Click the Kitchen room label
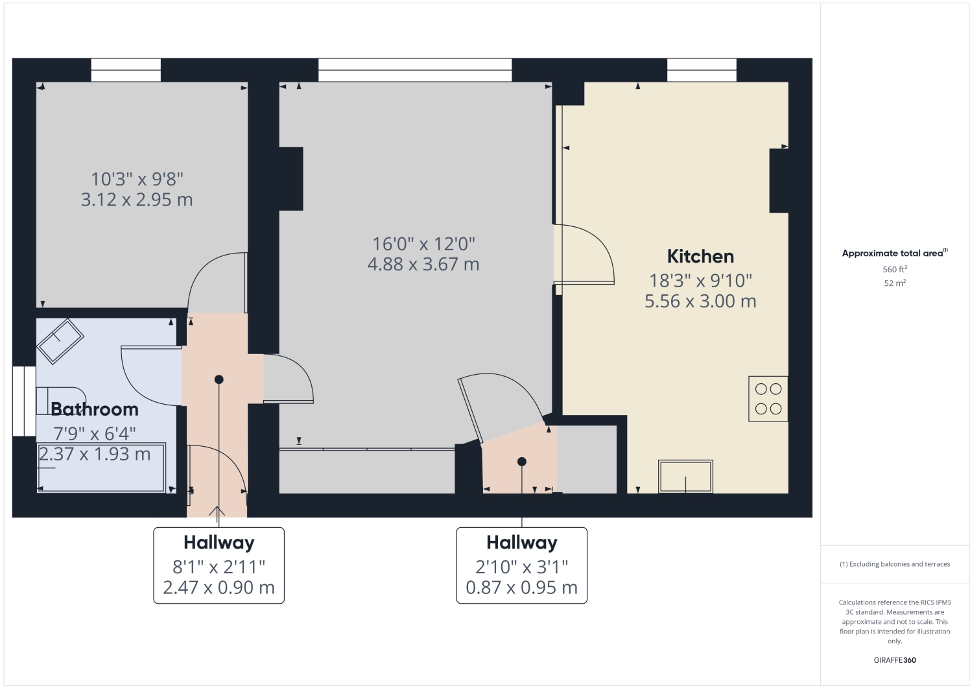coord(700,256)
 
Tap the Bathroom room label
coord(95,409)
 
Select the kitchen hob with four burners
coord(768,399)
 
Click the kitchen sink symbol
coord(685,477)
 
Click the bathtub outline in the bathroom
coord(102,467)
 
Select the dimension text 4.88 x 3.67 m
coord(423,265)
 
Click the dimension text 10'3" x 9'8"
coord(137,179)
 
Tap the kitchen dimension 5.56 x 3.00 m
coord(700,302)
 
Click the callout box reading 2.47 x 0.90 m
coord(219,587)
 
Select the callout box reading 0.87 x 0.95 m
coord(521,587)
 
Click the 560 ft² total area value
coord(894,269)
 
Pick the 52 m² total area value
coord(894,283)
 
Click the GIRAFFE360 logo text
coord(894,660)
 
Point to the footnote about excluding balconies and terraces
coord(894,564)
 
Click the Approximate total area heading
coord(894,254)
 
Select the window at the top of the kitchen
coord(702,70)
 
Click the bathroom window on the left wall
coord(24,401)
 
